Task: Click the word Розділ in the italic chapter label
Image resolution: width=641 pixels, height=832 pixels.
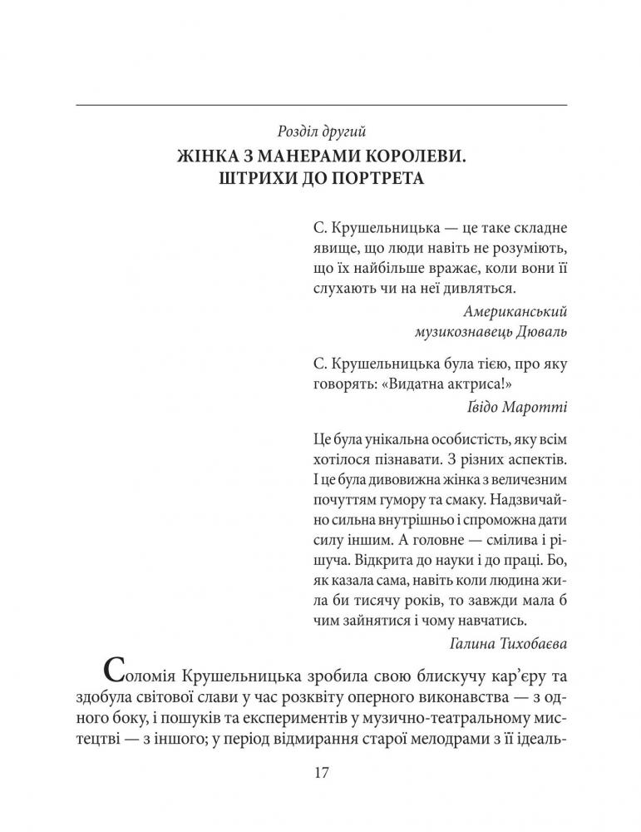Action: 298,131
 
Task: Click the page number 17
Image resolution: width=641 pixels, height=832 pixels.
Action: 321,772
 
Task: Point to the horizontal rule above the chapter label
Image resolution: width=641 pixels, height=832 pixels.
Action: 321,105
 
